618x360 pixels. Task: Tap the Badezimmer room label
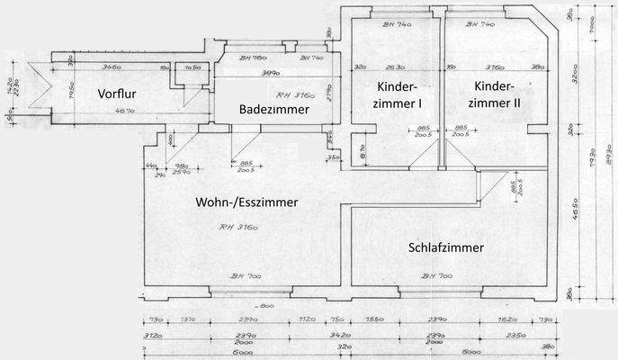(x=274, y=109)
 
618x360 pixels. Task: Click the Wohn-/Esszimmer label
(x=246, y=202)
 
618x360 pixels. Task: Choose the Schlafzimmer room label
(x=446, y=247)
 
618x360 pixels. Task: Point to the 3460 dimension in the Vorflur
(x=112, y=67)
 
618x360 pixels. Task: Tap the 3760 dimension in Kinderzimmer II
(x=495, y=67)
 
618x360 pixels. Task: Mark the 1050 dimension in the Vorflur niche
(x=191, y=67)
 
